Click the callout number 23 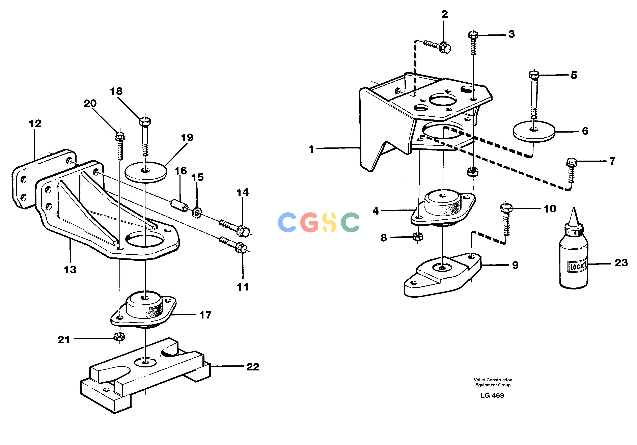point(621,263)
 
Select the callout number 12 point(35,123)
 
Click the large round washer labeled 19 point(146,172)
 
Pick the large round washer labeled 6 point(533,132)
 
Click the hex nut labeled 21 point(119,337)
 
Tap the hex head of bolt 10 point(506,208)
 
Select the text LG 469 point(492,395)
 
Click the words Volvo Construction point(493,380)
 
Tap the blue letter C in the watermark point(287,222)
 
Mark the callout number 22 point(253,367)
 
